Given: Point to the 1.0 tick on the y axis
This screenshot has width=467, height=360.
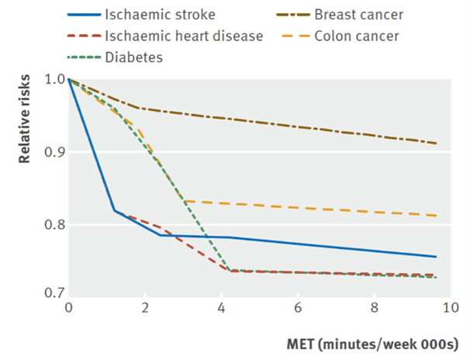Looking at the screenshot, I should point(54,79).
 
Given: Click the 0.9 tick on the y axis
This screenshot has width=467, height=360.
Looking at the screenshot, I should point(54,151).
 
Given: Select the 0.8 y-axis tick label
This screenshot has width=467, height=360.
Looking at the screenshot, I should point(54,225).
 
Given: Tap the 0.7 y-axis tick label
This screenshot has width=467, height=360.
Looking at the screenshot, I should point(54,292).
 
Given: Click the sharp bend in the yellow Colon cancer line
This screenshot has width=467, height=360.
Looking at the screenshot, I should point(184,201).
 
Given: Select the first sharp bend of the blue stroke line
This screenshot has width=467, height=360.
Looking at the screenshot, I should point(115,210).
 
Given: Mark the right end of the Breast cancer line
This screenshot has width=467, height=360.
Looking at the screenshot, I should point(436,144).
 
